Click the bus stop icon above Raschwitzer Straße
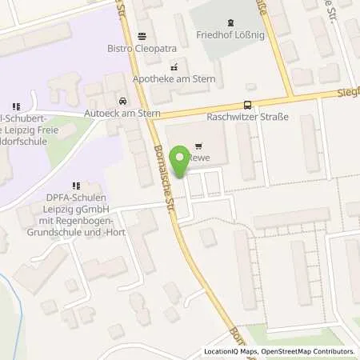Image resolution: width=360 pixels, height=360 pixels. [x=247, y=105]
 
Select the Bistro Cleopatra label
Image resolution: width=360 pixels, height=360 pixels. [x=142, y=47]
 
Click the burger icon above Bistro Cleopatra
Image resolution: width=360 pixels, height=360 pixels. [x=142, y=35]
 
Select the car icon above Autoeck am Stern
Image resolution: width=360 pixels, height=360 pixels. [x=122, y=102]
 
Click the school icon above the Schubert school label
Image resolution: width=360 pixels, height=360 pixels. [x=16, y=106]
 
